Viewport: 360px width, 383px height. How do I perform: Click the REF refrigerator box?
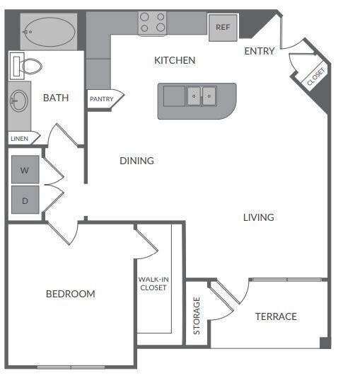(223, 27)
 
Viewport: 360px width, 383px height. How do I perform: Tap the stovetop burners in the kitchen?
(152, 23)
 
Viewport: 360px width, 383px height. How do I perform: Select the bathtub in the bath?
(48, 30)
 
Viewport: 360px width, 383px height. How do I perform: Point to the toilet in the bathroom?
(27, 67)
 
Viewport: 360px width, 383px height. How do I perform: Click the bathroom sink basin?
(18, 101)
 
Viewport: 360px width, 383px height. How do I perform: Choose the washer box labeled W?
(25, 170)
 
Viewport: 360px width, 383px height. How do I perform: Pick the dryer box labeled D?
(25, 200)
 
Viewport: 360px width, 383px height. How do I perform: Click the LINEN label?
(20, 139)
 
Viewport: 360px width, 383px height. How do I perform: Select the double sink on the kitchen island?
(202, 96)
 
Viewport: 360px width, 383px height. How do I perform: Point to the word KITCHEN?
(175, 60)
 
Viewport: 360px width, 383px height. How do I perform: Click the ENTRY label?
(260, 51)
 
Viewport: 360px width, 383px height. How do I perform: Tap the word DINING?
(137, 161)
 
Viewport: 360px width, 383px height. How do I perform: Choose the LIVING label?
(259, 217)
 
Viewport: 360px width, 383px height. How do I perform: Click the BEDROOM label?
(71, 294)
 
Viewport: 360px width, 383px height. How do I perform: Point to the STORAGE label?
(197, 316)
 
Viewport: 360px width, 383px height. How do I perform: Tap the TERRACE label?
(276, 316)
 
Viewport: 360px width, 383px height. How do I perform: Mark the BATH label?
(56, 98)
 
